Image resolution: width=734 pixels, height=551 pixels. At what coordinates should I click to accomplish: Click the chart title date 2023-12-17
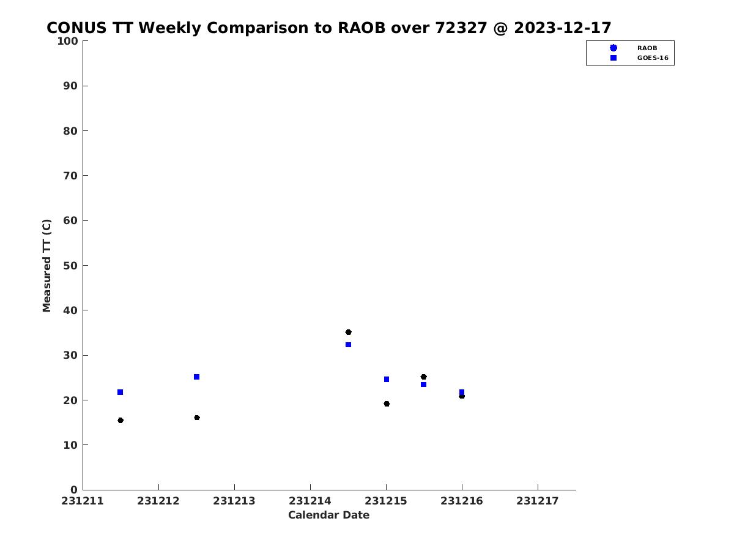(563, 28)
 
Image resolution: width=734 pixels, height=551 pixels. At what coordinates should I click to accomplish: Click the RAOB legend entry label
(647, 48)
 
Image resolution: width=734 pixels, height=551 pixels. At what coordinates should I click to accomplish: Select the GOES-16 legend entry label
(653, 58)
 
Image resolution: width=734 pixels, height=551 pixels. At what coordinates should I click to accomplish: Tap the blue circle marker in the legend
(614, 48)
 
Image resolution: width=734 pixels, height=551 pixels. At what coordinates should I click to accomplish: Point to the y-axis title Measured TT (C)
(46, 266)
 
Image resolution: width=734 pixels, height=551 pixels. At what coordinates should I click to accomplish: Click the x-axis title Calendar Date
(328, 515)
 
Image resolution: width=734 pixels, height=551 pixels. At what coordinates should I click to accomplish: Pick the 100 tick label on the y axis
(67, 41)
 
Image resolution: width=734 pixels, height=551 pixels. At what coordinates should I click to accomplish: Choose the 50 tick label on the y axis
(70, 266)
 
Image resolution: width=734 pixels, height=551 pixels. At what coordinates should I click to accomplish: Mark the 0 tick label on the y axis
(74, 490)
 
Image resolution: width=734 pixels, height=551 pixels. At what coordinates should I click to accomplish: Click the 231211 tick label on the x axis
(82, 501)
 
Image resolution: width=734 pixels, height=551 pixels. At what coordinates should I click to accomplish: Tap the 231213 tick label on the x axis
(234, 501)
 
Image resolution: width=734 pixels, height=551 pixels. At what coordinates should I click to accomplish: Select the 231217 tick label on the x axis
(538, 501)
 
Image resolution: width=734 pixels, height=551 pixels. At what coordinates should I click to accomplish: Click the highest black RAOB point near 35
(348, 332)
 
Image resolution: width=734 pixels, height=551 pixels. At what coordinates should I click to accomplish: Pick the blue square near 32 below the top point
(348, 345)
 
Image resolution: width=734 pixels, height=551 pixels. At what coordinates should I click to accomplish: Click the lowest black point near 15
(120, 421)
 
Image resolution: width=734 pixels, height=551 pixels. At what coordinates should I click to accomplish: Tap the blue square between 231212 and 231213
(196, 377)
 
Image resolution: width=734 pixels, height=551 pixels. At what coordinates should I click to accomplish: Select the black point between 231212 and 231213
(197, 418)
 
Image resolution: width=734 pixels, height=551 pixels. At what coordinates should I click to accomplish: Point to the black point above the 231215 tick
(387, 404)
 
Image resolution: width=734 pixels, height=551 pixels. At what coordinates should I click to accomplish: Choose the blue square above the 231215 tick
(387, 380)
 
